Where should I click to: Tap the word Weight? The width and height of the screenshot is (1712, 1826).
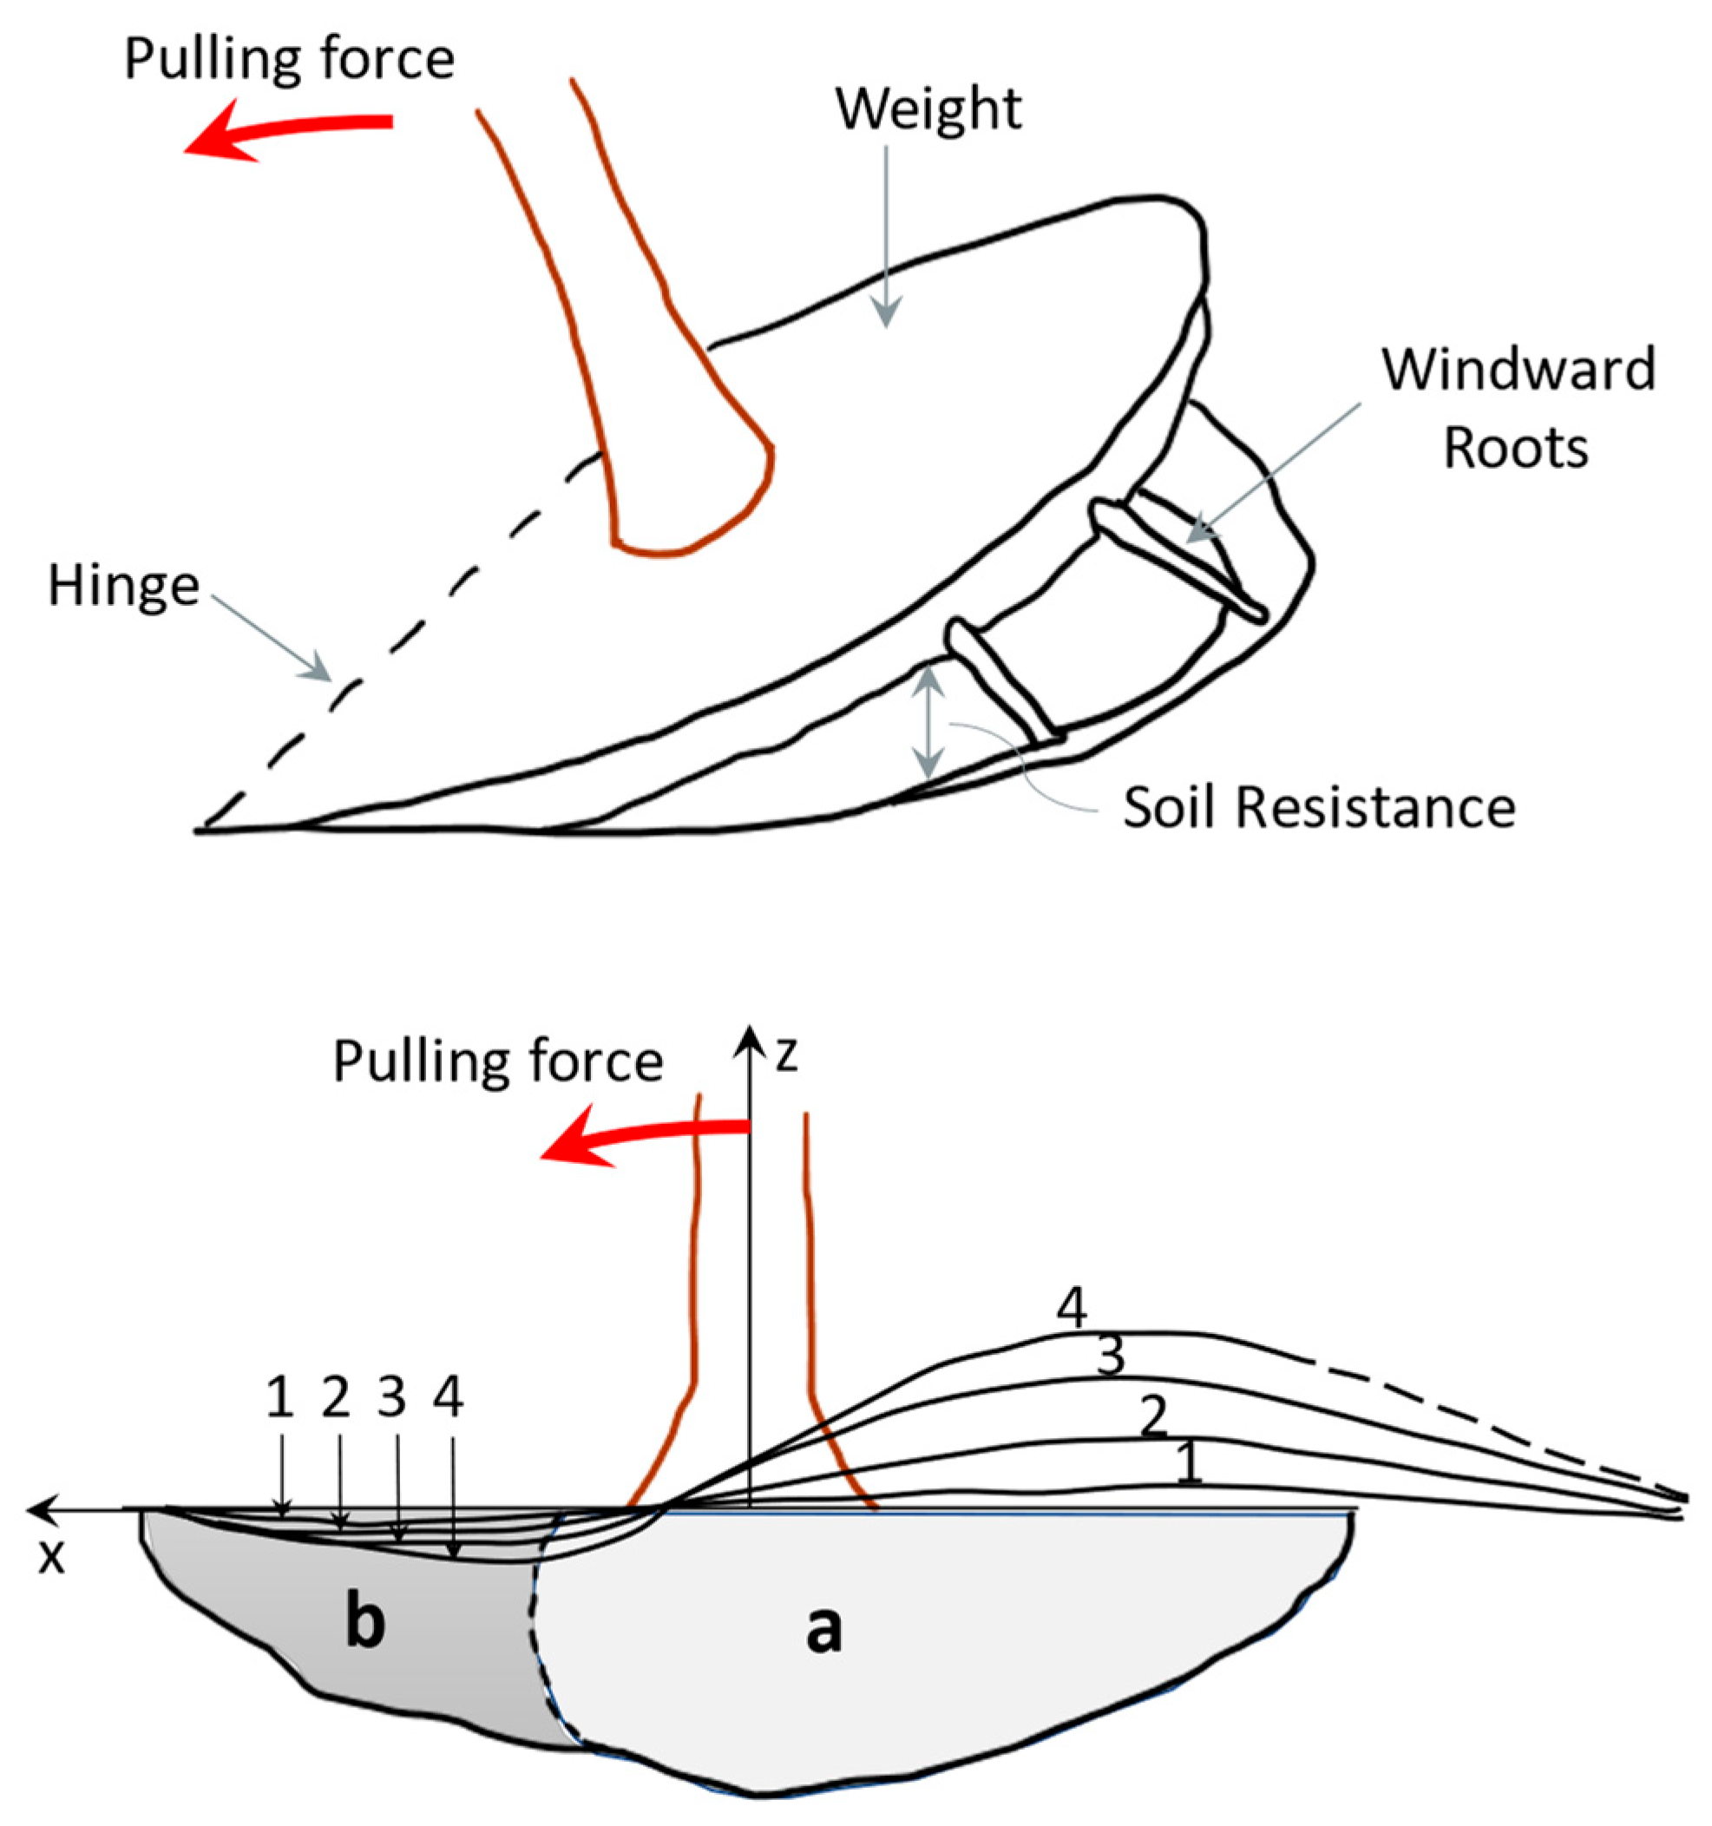(928, 109)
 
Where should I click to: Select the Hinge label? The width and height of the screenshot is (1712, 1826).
(123, 587)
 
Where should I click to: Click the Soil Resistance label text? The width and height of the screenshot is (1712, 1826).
(1319, 808)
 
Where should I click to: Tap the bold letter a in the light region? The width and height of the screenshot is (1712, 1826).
(823, 1631)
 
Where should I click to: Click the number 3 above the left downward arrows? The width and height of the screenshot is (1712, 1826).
(392, 1398)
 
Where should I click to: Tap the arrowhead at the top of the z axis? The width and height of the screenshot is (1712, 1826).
(751, 1036)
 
